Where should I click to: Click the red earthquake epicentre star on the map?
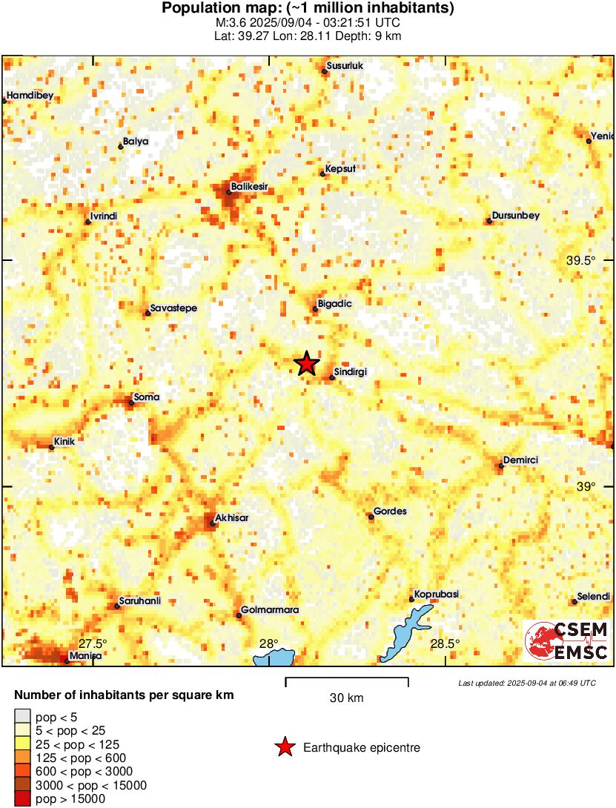pos(306,363)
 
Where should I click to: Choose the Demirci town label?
pos(520,460)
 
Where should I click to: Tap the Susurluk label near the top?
pos(345,66)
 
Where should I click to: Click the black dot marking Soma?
pos(131,403)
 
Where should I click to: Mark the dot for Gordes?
pos(371,517)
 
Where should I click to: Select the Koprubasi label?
pos(437,594)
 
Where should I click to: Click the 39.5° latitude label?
pos(581,261)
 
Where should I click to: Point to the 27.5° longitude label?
pos(93,643)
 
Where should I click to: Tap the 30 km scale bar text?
pos(346,698)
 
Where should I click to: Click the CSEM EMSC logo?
pos(567,641)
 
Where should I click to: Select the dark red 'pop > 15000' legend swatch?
pos(23,798)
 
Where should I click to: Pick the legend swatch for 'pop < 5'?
pos(23,717)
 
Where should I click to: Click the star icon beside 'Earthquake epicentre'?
pos(285,748)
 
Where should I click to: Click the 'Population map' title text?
pos(308,9)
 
